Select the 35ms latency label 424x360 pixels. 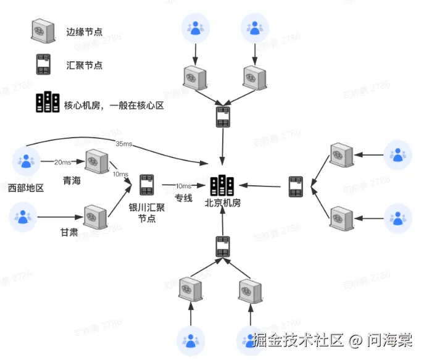124,144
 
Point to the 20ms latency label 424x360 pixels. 62,161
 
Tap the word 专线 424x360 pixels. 184,199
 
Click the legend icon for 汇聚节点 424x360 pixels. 43,65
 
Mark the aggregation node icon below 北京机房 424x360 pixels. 222,246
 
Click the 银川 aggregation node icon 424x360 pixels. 146,185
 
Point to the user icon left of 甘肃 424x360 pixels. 23,217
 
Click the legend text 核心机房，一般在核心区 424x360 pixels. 114,105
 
